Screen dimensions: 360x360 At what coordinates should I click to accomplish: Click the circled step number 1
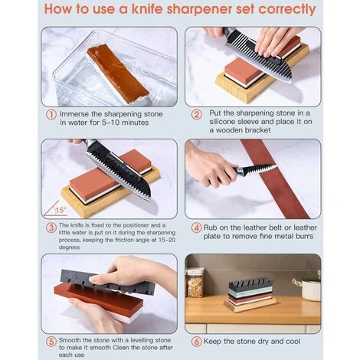pyautogui.click(x=51, y=114)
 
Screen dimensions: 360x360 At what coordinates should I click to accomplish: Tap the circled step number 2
pyautogui.click(x=196, y=114)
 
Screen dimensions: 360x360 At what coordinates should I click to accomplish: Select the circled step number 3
pyautogui.click(x=51, y=227)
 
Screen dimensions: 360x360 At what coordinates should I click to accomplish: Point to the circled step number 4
pyautogui.click(x=196, y=227)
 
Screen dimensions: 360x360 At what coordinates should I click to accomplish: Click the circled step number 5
pyautogui.click(x=51, y=342)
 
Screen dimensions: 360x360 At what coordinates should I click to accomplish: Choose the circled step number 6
pyautogui.click(x=196, y=342)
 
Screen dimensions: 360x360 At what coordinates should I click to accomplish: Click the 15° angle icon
pyautogui.click(x=55, y=209)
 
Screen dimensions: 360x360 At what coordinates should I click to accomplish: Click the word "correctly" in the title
pyautogui.click(x=287, y=10)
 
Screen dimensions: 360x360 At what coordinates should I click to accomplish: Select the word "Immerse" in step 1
pyautogui.click(x=74, y=114)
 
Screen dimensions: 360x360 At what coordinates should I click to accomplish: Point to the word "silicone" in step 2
pyautogui.click(x=221, y=122)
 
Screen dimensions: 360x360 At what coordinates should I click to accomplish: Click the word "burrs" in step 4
pyautogui.click(x=304, y=236)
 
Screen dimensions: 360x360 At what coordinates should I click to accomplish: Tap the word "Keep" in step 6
pyautogui.click(x=212, y=342)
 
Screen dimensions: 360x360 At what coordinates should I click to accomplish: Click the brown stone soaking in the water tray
pyautogui.click(x=118, y=73)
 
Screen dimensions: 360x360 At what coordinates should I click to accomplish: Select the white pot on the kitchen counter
pyautogui.click(x=310, y=289)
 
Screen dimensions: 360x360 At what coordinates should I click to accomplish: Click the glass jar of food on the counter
pyautogui.click(x=195, y=283)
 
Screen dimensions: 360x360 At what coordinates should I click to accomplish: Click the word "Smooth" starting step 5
pyautogui.click(x=70, y=340)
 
